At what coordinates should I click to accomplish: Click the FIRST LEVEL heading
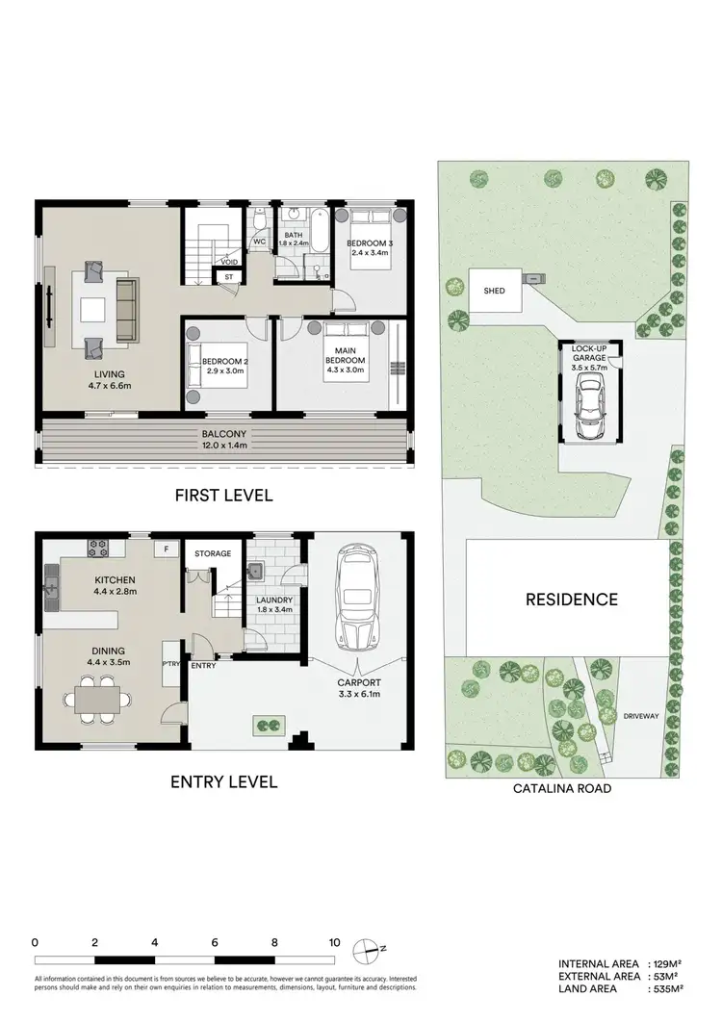(222, 496)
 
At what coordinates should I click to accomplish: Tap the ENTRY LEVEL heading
(223, 781)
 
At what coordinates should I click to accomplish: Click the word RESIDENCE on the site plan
(571, 600)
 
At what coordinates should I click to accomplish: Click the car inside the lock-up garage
(587, 405)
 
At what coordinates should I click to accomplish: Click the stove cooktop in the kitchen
(98, 549)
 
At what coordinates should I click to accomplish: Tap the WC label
(259, 242)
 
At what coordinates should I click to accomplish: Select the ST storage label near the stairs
(228, 277)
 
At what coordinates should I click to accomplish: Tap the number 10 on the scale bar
(334, 943)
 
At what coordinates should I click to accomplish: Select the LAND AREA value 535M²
(667, 987)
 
